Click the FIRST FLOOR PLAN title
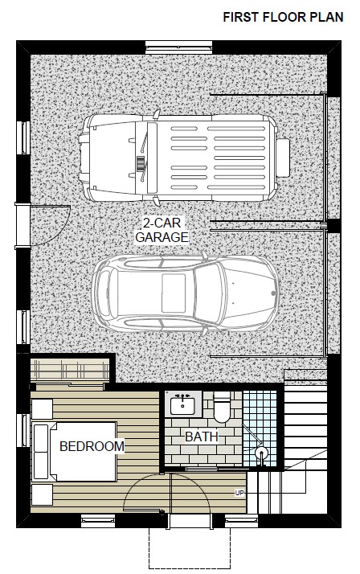pos(283,17)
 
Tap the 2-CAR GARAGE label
pos(162,230)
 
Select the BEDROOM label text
pos(92,446)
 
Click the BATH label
pos(202,437)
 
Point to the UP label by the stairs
pos(239,493)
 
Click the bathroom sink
pos(183,404)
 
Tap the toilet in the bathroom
pos(222,408)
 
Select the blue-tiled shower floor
pos(260,428)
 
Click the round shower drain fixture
pos(261,453)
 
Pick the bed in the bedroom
pos(75,451)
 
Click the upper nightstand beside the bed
pos(42,409)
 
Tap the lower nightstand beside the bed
pos(42,494)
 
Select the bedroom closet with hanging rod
pos(70,369)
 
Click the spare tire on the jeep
pos(283,158)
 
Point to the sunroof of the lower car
pos(174,293)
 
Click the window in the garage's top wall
pos(178,47)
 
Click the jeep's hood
pos(111,158)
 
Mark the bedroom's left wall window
pos(24,431)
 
